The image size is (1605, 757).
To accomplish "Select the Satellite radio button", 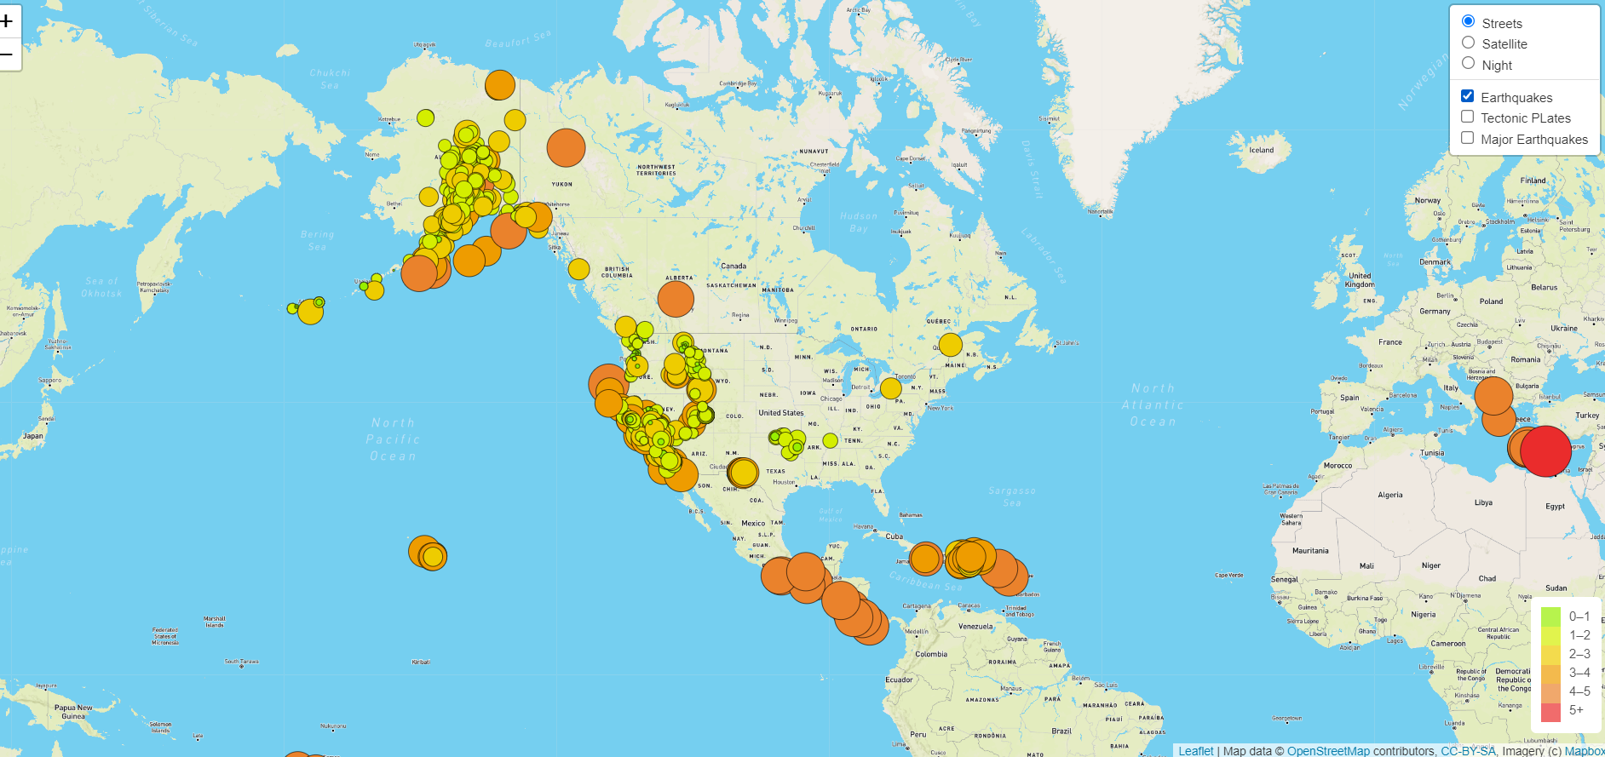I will [x=1468, y=43].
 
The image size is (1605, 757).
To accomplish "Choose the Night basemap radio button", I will [x=1468, y=63].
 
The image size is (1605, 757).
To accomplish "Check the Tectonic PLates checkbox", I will [x=1467, y=117].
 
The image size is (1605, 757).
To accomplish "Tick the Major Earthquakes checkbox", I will [x=1467, y=138].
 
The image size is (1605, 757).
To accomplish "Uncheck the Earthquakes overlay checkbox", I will [x=1467, y=96].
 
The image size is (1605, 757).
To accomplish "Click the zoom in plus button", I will [x=8, y=20].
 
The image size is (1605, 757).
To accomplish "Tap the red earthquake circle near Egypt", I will [x=1545, y=450].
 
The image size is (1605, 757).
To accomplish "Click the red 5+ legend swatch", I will [x=1550, y=711].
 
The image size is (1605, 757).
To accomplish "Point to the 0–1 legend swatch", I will [x=1550, y=616].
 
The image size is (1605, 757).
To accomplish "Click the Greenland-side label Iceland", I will [x=1261, y=150].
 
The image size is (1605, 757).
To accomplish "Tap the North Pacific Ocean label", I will [x=393, y=439].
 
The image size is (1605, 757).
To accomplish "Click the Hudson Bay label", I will [x=858, y=221].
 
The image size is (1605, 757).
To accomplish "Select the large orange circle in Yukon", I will [x=566, y=147].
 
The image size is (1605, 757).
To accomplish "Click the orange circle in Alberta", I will [x=676, y=299].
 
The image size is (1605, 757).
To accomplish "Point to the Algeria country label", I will [x=1389, y=495].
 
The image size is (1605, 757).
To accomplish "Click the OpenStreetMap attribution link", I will [x=1328, y=750].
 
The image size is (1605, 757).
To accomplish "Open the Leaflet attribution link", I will [x=1195, y=750].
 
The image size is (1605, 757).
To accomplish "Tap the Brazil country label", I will [x=1061, y=731].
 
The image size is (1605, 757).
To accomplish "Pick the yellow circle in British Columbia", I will [x=578, y=269].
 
